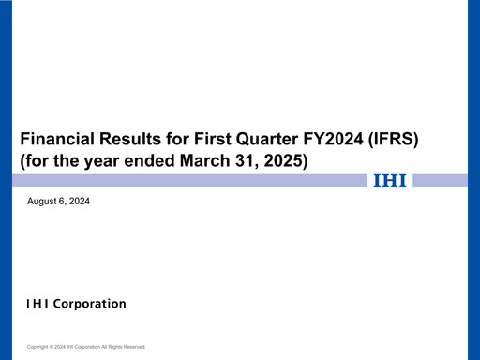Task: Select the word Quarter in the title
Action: coord(264,139)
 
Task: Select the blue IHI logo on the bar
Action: coord(390,180)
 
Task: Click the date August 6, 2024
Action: coord(59,202)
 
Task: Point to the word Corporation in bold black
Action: coord(91,304)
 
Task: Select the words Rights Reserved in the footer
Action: coord(128,347)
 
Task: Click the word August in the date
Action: coord(43,202)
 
